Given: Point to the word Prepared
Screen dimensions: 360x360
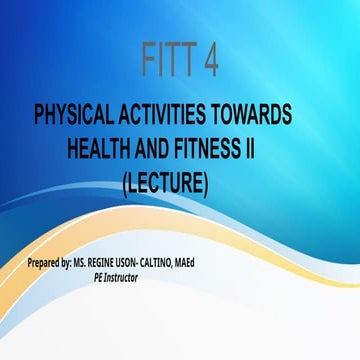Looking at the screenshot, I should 50,264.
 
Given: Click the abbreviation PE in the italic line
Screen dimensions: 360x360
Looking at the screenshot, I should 96,277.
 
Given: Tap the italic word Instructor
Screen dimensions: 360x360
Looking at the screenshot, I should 120,277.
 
